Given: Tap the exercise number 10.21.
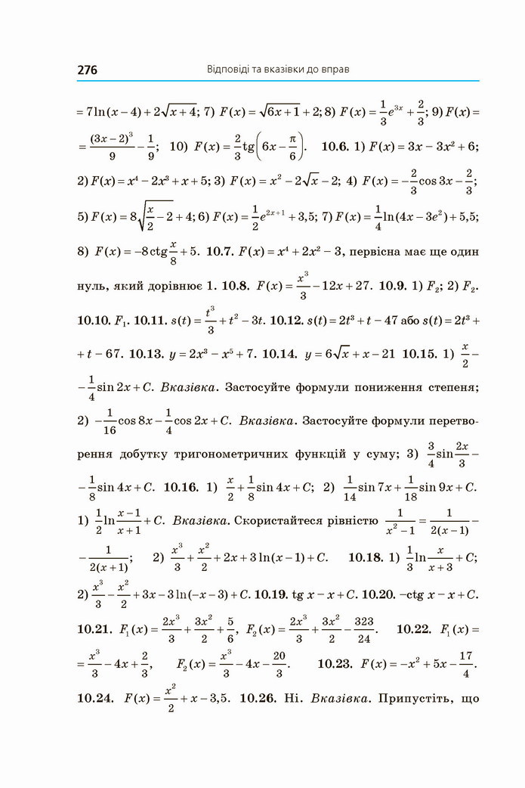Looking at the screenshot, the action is [x=94, y=629].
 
